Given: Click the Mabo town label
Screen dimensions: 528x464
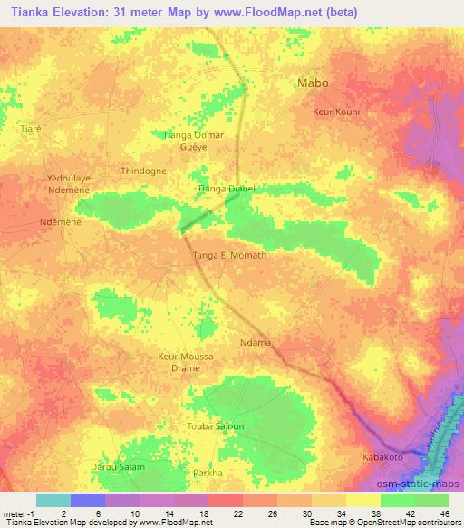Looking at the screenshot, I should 314,83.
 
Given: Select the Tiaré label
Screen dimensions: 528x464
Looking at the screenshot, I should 31,129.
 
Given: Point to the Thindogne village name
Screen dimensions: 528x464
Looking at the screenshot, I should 143,171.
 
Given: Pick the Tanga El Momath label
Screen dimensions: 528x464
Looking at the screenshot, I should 230,256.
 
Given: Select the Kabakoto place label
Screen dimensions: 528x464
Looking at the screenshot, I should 382,456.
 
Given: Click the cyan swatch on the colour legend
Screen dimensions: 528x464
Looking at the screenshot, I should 53,500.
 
